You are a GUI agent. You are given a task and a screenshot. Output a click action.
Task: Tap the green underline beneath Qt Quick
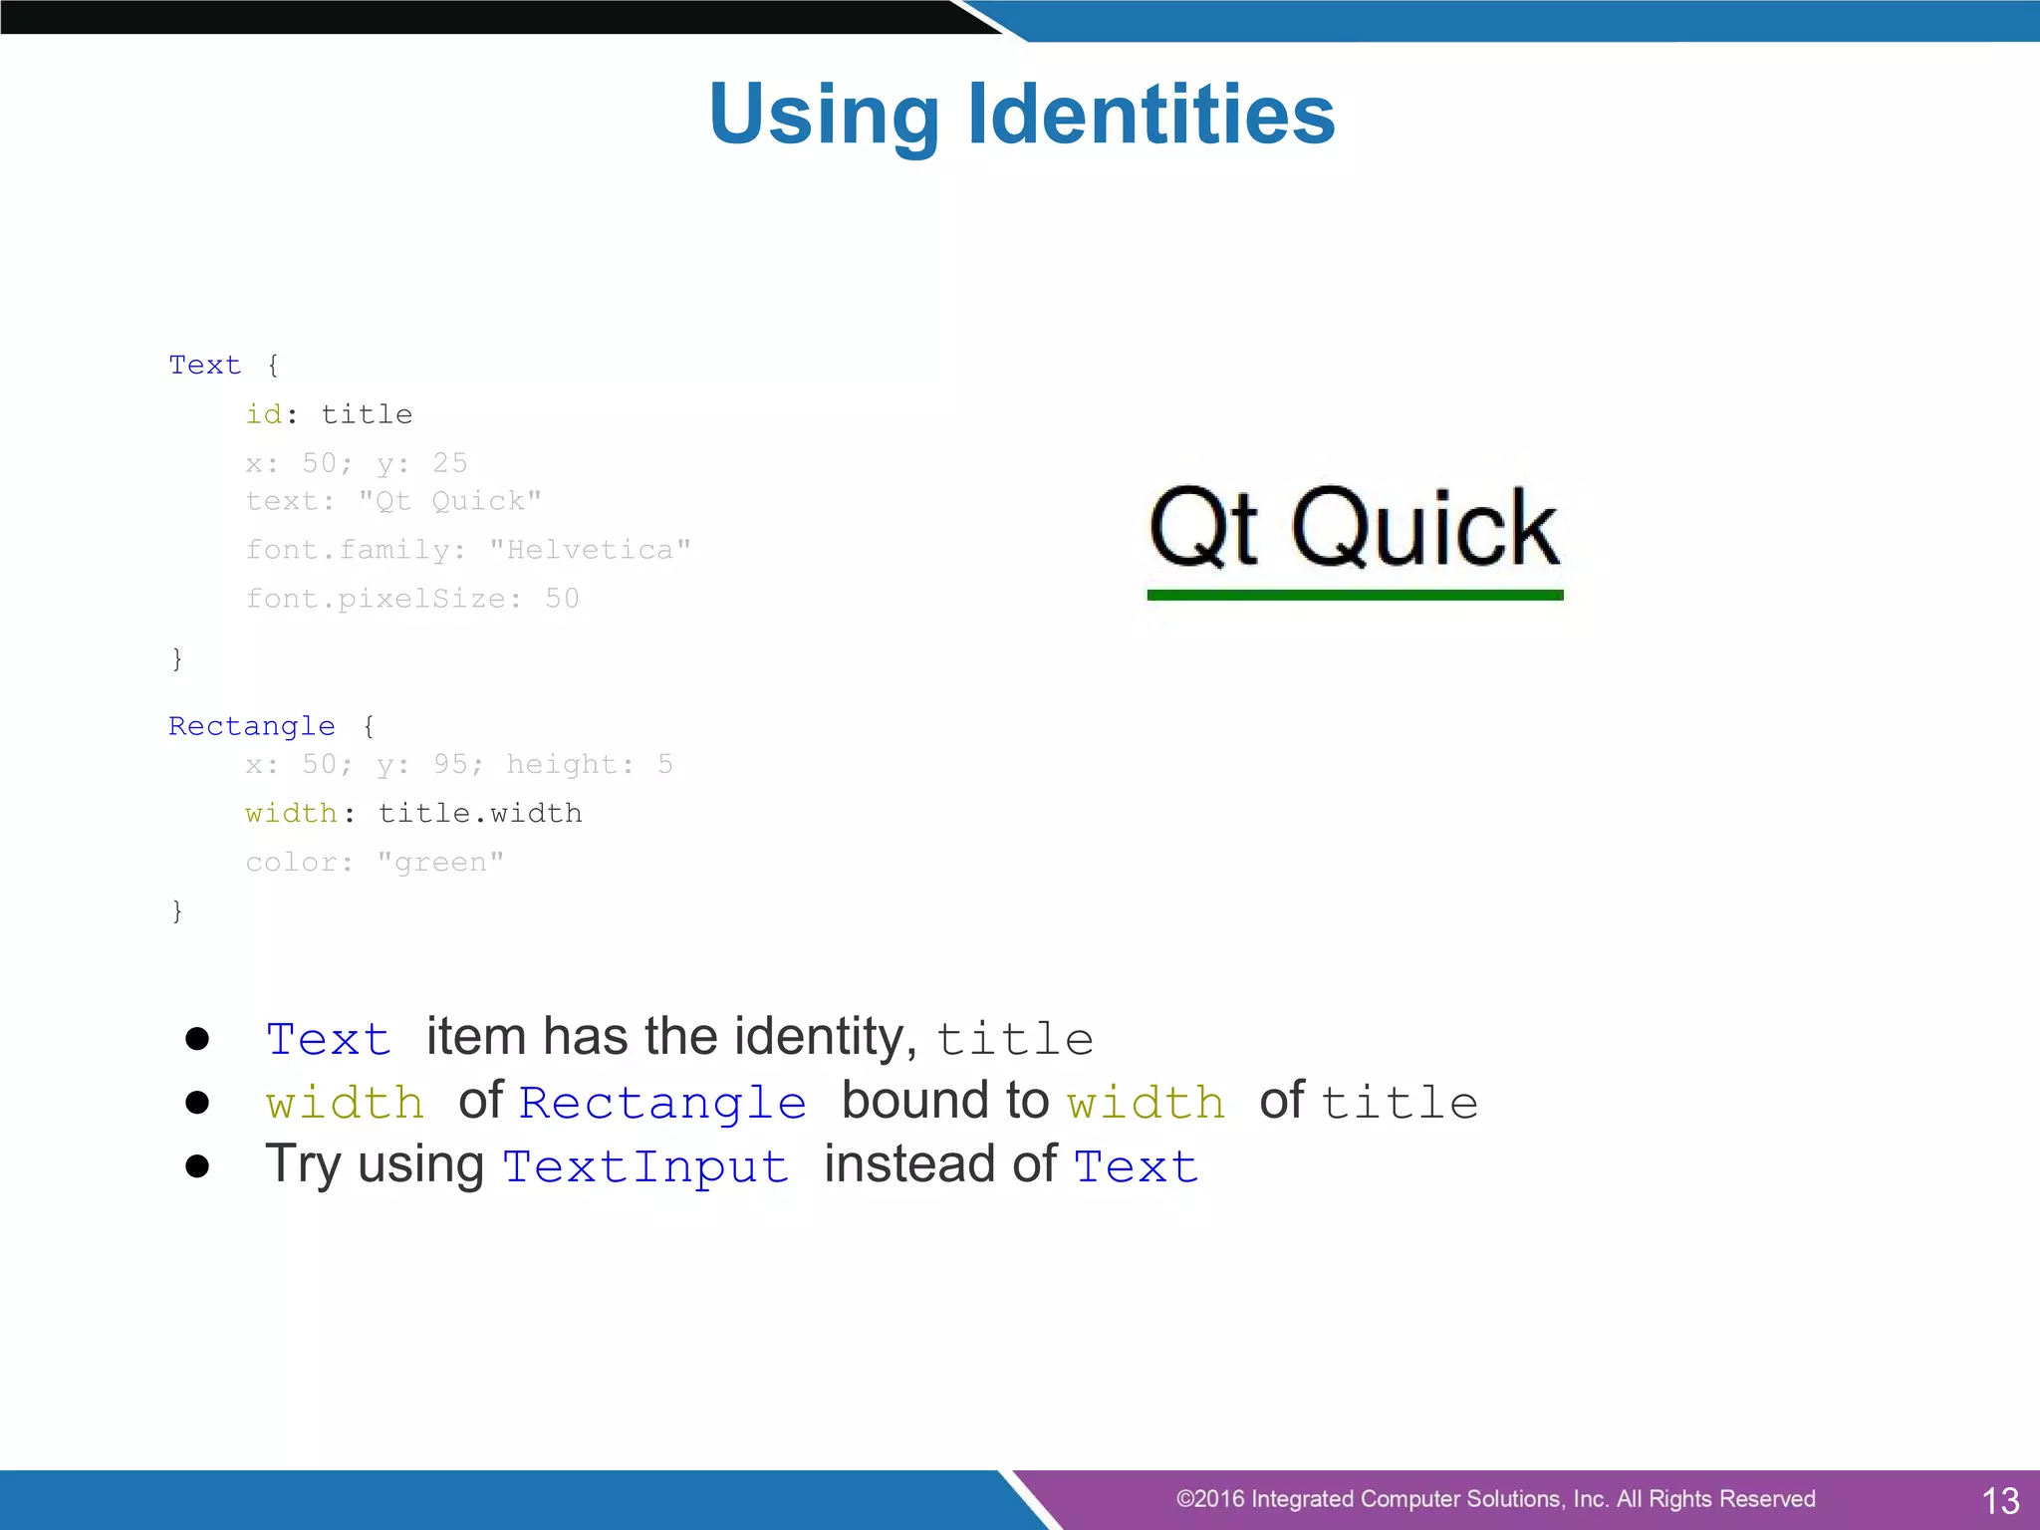(1355, 595)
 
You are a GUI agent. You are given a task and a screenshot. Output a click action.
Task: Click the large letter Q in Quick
(1335, 529)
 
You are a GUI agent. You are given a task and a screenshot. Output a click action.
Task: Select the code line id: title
(329, 414)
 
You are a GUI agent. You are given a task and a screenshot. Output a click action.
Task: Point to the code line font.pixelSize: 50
(412, 599)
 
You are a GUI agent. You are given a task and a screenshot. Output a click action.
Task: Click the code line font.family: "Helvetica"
(468, 550)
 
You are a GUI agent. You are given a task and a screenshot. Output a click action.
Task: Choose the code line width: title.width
(413, 814)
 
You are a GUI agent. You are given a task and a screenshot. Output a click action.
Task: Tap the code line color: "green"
(375, 863)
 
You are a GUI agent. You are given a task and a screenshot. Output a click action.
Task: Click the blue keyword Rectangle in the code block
(252, 726)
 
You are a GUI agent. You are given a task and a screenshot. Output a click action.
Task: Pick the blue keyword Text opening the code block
(205, 366)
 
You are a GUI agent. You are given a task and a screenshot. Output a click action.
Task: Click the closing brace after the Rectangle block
(177, 910)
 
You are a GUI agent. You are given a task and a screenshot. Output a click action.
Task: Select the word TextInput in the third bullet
(645, 1166)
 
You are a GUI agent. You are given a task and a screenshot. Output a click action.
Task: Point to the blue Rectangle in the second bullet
(662, 1103)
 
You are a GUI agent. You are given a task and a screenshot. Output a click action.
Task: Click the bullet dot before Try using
(197, 1166)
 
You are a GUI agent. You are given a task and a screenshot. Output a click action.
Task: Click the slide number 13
(2000, 1500)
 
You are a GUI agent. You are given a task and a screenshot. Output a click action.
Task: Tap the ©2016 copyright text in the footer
(1495, 1499)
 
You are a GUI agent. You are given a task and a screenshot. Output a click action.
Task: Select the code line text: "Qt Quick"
(393, 501)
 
